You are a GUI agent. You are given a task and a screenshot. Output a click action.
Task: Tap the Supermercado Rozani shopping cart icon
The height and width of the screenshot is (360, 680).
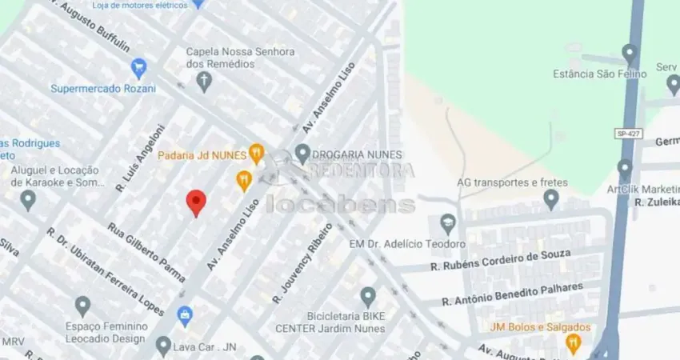[138, 68]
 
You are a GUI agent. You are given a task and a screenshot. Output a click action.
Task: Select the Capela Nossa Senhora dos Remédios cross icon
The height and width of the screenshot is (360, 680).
[205, 81]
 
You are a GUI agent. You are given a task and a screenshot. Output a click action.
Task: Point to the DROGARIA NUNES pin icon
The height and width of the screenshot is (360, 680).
[302, 153]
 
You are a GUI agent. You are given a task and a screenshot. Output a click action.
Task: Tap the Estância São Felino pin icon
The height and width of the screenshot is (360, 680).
[629, 54]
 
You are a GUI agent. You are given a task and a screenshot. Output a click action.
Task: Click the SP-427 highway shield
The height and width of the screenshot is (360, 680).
[626, 133]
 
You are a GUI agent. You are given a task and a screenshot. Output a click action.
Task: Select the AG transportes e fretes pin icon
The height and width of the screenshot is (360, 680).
[551, 198]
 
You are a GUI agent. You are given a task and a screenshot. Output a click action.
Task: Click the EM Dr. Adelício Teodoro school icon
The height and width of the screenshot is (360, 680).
[448, 223]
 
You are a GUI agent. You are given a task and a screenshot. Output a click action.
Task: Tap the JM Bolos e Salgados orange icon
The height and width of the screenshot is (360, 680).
[573, 343]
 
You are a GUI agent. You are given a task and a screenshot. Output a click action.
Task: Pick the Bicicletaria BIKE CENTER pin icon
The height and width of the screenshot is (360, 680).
[368, 297]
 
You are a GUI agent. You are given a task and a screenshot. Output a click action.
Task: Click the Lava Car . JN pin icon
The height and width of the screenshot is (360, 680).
[163, 346]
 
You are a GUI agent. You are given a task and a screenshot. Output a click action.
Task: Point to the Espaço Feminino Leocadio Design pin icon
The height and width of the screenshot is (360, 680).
[82, 306]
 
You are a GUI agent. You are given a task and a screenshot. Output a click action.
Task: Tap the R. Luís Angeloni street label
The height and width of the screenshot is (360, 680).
[140, 158]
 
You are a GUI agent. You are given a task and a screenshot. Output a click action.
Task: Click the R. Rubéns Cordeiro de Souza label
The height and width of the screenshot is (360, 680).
[500, 260]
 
